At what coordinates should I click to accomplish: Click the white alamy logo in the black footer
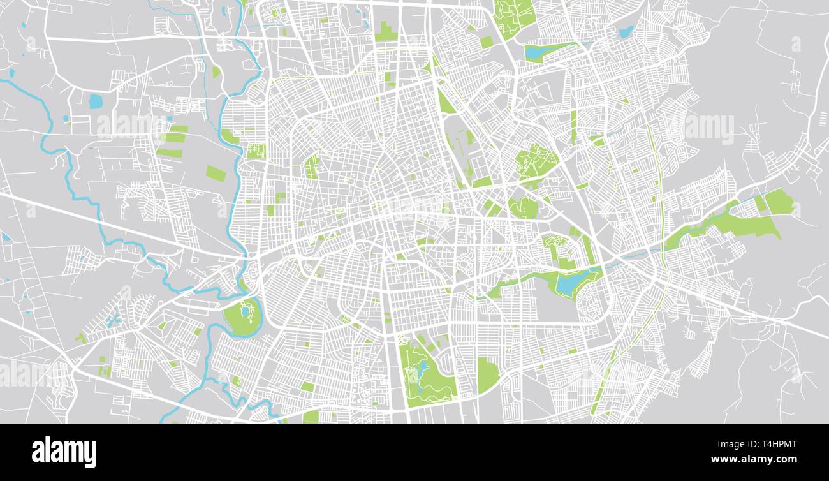(x=64, y=452)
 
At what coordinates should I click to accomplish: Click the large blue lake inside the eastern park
(x=573, y=281)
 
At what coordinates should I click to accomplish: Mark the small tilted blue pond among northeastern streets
(x=626, y=31)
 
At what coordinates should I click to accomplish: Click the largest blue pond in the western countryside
(x=96, y=101)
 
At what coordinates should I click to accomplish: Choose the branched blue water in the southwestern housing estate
(x=114, y=318)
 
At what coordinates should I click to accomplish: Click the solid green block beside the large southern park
(x=488, y=375)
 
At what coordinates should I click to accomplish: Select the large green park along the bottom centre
(x=426, y=373)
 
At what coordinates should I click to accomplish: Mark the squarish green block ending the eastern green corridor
(x=779, y=202)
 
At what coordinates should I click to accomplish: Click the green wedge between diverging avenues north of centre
(x=445, y=101)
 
